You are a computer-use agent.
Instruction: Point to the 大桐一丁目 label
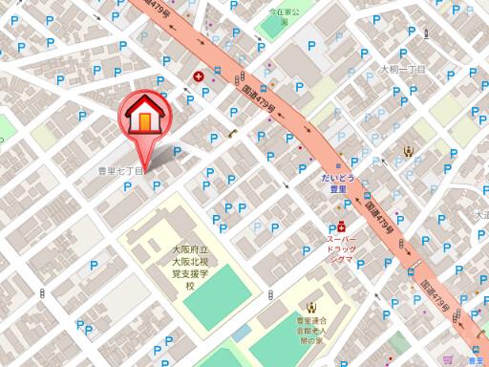point(401,70)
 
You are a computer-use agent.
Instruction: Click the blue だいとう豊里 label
point(338,183)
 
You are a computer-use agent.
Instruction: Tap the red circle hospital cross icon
point(198,76)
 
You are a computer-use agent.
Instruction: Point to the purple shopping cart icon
point(448,359)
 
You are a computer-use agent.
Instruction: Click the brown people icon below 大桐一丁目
point(409,149)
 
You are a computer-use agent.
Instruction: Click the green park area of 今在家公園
point(277,27)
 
